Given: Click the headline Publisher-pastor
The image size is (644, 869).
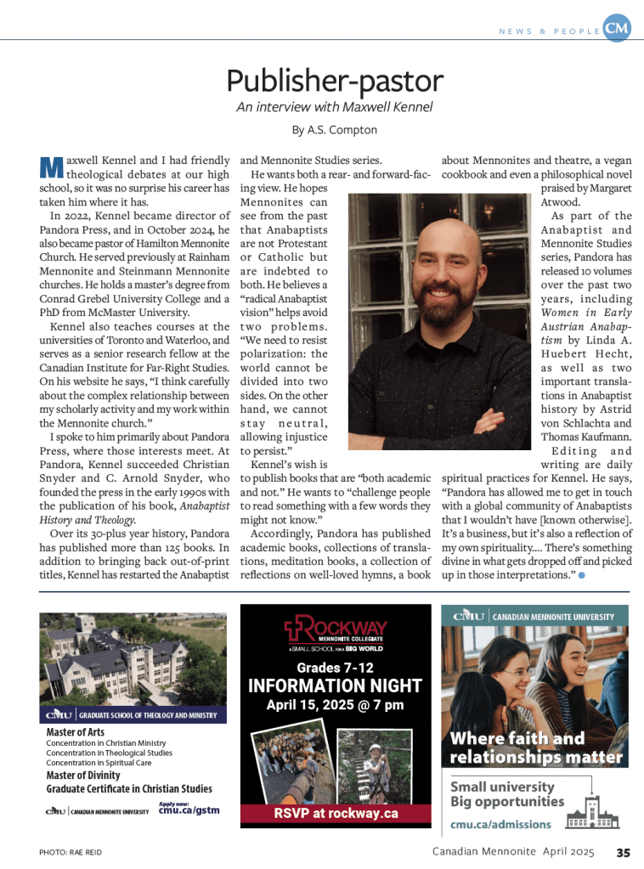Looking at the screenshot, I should coord(334,82).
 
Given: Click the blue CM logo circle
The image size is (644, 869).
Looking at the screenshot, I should coord(618,29).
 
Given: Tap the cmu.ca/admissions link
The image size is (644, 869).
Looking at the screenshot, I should coord(500,824).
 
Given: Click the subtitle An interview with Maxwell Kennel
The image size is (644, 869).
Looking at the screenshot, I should coord(334,107).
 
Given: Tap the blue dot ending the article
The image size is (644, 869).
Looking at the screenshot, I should coord(581,577).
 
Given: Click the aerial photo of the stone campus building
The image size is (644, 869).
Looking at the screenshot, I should coord(133,658).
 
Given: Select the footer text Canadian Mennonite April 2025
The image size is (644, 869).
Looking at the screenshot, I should coord(511,852).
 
